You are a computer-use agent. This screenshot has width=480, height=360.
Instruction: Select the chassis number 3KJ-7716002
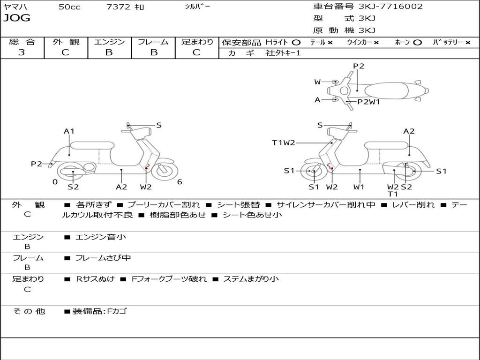pyautogui.click(x=390, y=7)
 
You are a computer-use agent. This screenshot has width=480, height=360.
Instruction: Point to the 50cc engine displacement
pyautogui.click(x=69, y=7)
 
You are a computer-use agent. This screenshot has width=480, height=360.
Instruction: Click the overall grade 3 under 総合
pyautogui.click(x=22, y=52)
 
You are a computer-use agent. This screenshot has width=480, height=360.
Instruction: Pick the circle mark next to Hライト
pyautogui.click(x=296, y=43)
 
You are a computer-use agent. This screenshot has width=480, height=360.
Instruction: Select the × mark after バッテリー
pyautogui.click(x=467, y=43)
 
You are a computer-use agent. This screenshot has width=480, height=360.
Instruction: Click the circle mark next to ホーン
pyautogui.click(x=418, y=43)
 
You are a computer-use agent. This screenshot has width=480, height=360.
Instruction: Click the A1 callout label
pyautogui.click(x=69, y=131)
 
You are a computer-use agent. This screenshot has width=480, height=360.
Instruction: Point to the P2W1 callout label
pyautogui.click(x=368, y=101)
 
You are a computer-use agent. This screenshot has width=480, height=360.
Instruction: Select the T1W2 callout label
pyautogui.click(x=284, y=143)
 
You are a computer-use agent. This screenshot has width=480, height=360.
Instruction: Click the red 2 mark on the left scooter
pyautogui.click(x=148, y=166)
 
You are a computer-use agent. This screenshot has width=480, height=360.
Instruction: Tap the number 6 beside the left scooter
pyautogui.click(x=180, y=182)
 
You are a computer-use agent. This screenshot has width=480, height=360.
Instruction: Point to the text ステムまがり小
pyautogui.click(x=250, y=279)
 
